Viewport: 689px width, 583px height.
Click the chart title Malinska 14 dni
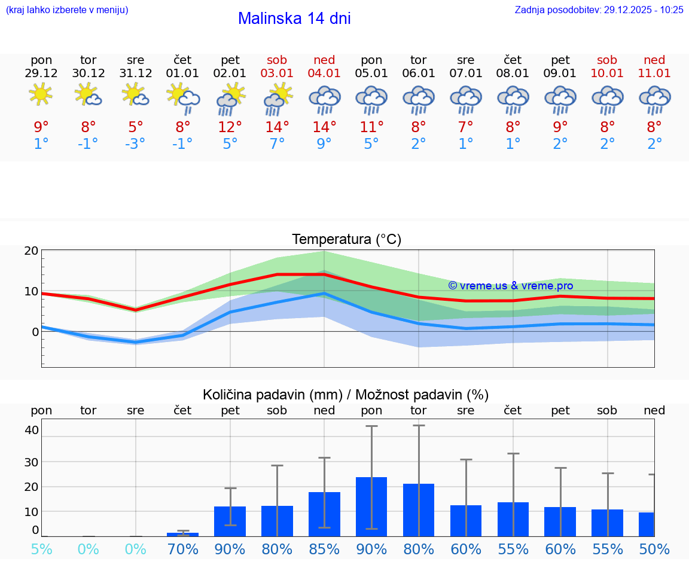pyautogui.click(x=294, y=19)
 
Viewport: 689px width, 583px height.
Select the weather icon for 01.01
pyautogui.click(x=183, y=98)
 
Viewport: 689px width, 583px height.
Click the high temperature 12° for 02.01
pyautogui.click(x=230, y=127)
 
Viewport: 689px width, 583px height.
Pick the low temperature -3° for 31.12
pyautogui.click(x=136, y=144)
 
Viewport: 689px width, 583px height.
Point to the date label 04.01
pyautogui.click(x=324, y=73)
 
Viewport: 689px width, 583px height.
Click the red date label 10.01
pyautogui.click(x=608, y=73)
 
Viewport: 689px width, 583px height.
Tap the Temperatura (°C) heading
pyautogui.click(x=346, y=239)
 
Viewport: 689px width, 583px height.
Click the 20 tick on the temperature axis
pyautogui.click(x=31, y=251)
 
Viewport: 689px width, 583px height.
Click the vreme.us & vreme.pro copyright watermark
pyautogui.click(x=510, y=286)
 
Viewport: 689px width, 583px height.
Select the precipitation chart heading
pyautogui.click(x=346, y=395)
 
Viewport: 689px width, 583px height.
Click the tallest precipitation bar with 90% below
pyautogui.click(x=371, y=506)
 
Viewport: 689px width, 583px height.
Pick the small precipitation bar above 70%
pyautogui.click(x=183, y=534)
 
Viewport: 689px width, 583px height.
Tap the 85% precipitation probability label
pyautogui.click(x=324, y=550)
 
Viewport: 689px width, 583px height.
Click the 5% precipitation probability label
pyautogui.click(x=41, y=550)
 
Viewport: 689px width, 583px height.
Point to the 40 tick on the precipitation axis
pyautogui.click(x=32, y=430)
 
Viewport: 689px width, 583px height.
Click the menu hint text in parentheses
pyautogui.click(x=67, y=10)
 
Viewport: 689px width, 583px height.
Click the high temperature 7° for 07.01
pyautogui.click(x=466, y=127)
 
